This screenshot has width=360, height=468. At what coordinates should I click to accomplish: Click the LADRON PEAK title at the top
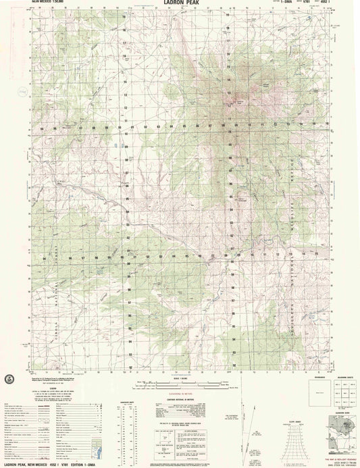[180, 3]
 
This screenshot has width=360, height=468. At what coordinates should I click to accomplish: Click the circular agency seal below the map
[7, 378]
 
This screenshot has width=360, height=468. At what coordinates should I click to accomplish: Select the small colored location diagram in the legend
[102, 448]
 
